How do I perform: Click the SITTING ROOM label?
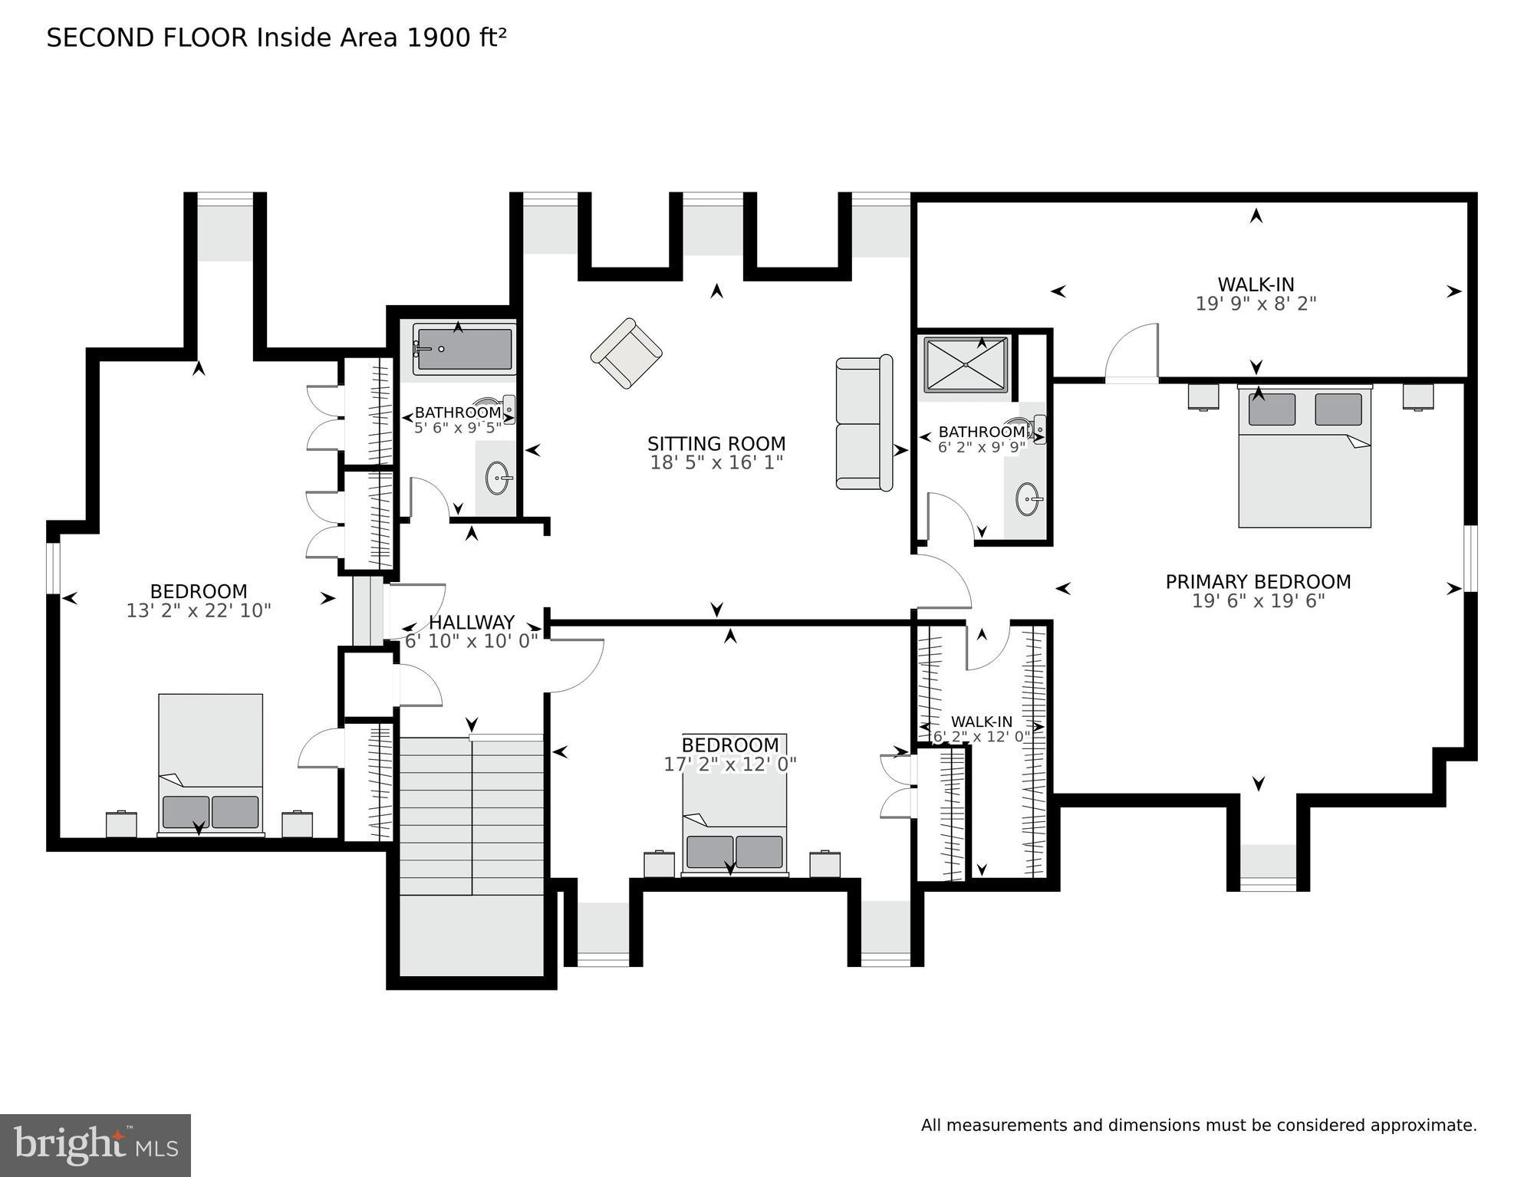[716, 444]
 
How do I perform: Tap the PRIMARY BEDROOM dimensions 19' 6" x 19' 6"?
[1258, 601]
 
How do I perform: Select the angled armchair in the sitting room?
[627, 353]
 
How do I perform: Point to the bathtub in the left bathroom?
[464, 350]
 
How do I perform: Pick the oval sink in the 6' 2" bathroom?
[1028, 500]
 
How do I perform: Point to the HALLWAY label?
[471, 623]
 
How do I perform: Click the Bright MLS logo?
[95, 1145]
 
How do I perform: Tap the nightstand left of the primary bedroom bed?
[1203, 396]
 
